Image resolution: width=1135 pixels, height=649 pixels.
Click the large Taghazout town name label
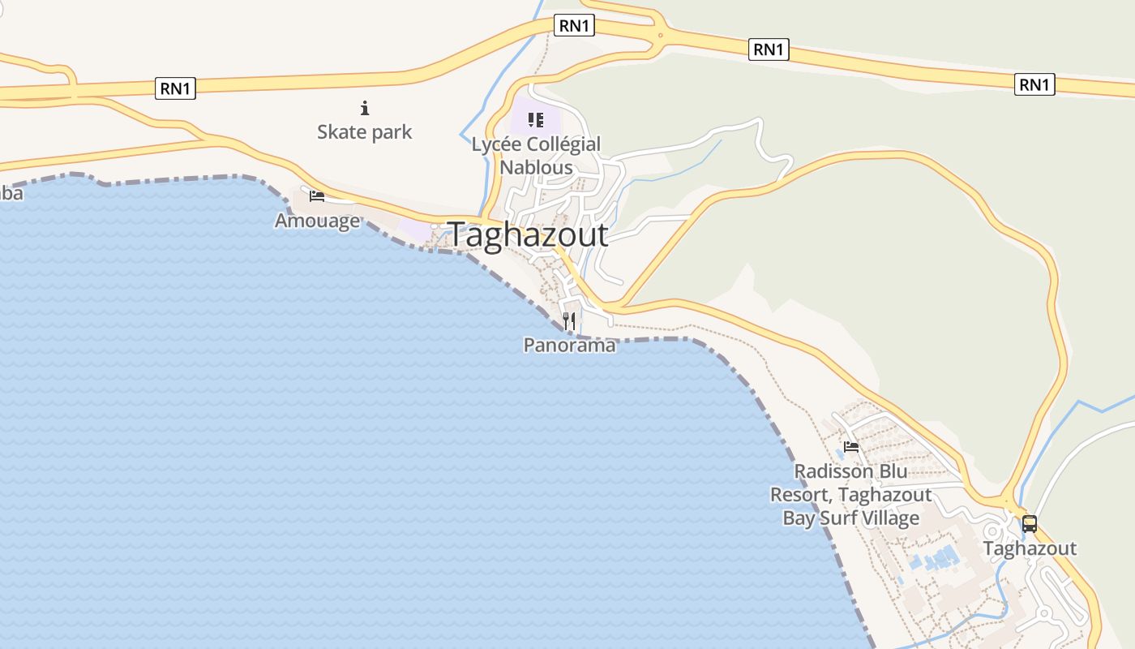pos(528,235)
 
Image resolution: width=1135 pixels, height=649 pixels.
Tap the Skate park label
pos(364,131)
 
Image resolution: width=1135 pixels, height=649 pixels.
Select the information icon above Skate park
pos(365,107)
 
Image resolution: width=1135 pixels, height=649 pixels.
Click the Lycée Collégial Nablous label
pos(536,156)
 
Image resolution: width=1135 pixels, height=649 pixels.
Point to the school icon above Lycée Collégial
pos(535,120)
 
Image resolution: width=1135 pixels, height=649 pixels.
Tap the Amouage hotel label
pos(317,221)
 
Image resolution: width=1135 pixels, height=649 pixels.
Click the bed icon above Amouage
pos(317,196)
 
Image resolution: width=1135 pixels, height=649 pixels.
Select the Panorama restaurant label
pos(569,345)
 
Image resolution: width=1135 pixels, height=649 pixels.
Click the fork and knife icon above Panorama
pos(569,321)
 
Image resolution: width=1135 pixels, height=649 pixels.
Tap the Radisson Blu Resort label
pos(850,494)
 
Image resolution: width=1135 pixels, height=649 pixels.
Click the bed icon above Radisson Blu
pos(850,446)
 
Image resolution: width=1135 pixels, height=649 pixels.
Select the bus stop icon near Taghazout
pos(1029,524)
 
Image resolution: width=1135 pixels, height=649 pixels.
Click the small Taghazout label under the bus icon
pos(1030,548)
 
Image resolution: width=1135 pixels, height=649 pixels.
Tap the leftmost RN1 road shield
pos(175,88)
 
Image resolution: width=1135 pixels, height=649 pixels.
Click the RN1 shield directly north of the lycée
pos(574,26)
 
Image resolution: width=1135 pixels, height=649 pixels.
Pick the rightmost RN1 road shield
pos(1034,84)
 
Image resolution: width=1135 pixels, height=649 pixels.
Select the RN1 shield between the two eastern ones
pos(768,49)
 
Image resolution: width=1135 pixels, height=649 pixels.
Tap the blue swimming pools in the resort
pos(937,560)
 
